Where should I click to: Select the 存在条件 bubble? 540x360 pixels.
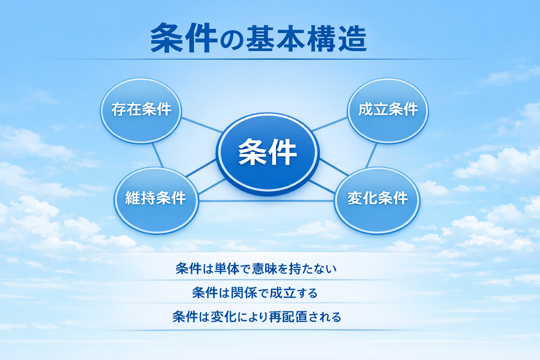pyautogui.click(x=141, y=110)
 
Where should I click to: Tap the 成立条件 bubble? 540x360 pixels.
pyautogui.click(x=388, y=110)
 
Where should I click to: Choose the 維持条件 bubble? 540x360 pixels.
pyautogui.click(x=156, y=199)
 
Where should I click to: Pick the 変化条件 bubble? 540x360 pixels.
pyautogui.click(x=377, y=199)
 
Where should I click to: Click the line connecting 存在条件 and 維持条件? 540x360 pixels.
pyautogui.click(x=157, y=155)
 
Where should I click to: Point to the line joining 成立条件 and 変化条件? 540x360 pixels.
pyautogui.click(x=371, y=155)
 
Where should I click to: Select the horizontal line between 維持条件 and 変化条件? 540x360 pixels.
pyautogui.click(x=266, y=201)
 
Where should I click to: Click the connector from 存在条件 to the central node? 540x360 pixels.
pyautogui.click(x=202, y=125)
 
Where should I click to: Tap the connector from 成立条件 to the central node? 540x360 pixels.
pyautogui.click(x=329, y=124)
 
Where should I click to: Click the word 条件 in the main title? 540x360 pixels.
pyautogui.click(x=183, y=38)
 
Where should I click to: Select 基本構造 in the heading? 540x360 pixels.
pyautogui.click(x=306, y=38)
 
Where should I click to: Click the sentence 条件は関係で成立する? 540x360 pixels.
pyautogui.click(x=255, y=293)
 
